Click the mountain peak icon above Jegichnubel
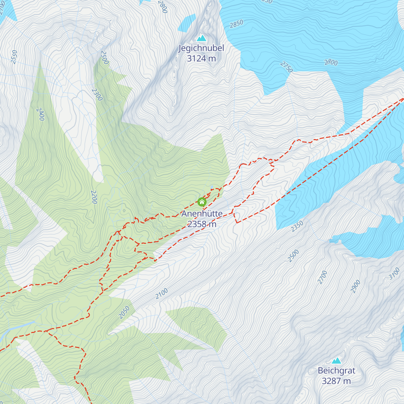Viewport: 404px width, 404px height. [x=201, y=38]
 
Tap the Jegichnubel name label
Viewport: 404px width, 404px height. [x=201, y=48]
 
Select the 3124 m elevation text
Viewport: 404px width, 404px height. [x=201, y=58]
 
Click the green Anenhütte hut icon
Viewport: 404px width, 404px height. [x=202, y=202]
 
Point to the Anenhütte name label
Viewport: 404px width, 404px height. [x=202, y=214]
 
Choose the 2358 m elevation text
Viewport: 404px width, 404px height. [x=202, y=224]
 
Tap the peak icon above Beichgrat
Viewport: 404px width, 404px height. [x=336, y=361]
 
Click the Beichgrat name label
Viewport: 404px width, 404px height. [x=336, y=371]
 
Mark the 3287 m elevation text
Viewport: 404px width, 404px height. [x=336, y=381]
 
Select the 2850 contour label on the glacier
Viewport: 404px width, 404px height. [x=236, y=24]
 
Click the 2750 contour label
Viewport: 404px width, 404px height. [x=287, y=67]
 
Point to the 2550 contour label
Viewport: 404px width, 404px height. [x=14, y=57]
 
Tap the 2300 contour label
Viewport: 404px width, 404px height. [x=97, y=95]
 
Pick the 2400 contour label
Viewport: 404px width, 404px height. [x=40, y=114]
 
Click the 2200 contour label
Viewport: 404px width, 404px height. [x=94, y=197]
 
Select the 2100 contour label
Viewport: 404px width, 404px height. [x=162, y=294]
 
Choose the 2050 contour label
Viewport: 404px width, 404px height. [x=124, y=312]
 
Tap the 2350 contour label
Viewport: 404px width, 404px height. [x=297, y=226]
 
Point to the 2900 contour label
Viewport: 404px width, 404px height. [x=355, y=286]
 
